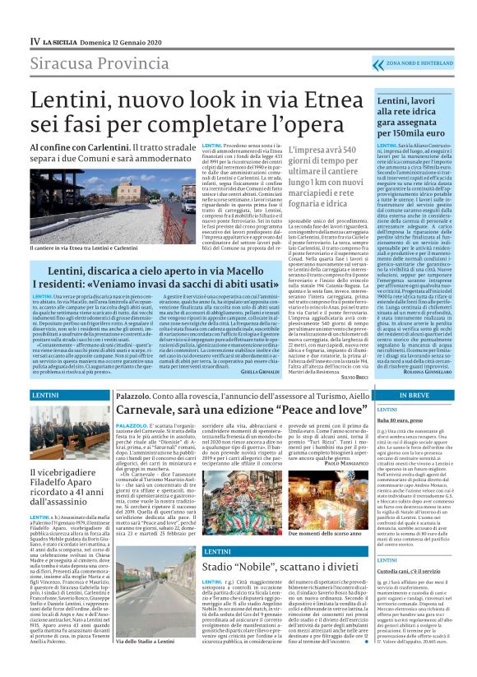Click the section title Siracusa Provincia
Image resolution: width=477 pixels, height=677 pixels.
click(x=93, y=64)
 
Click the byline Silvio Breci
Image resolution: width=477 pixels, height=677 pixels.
click(x=349, y=377)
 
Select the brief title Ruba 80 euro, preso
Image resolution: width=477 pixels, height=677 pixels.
click(x=401, y=420)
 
